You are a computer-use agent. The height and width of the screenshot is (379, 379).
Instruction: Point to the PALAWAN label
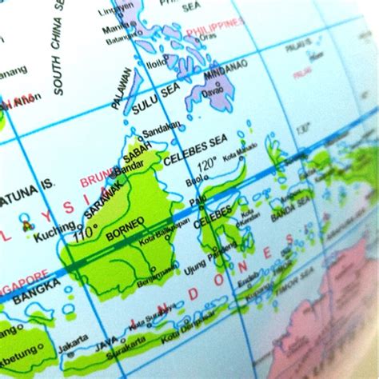click(122, 88)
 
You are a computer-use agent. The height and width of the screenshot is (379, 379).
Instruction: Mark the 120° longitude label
click(207, 166)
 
